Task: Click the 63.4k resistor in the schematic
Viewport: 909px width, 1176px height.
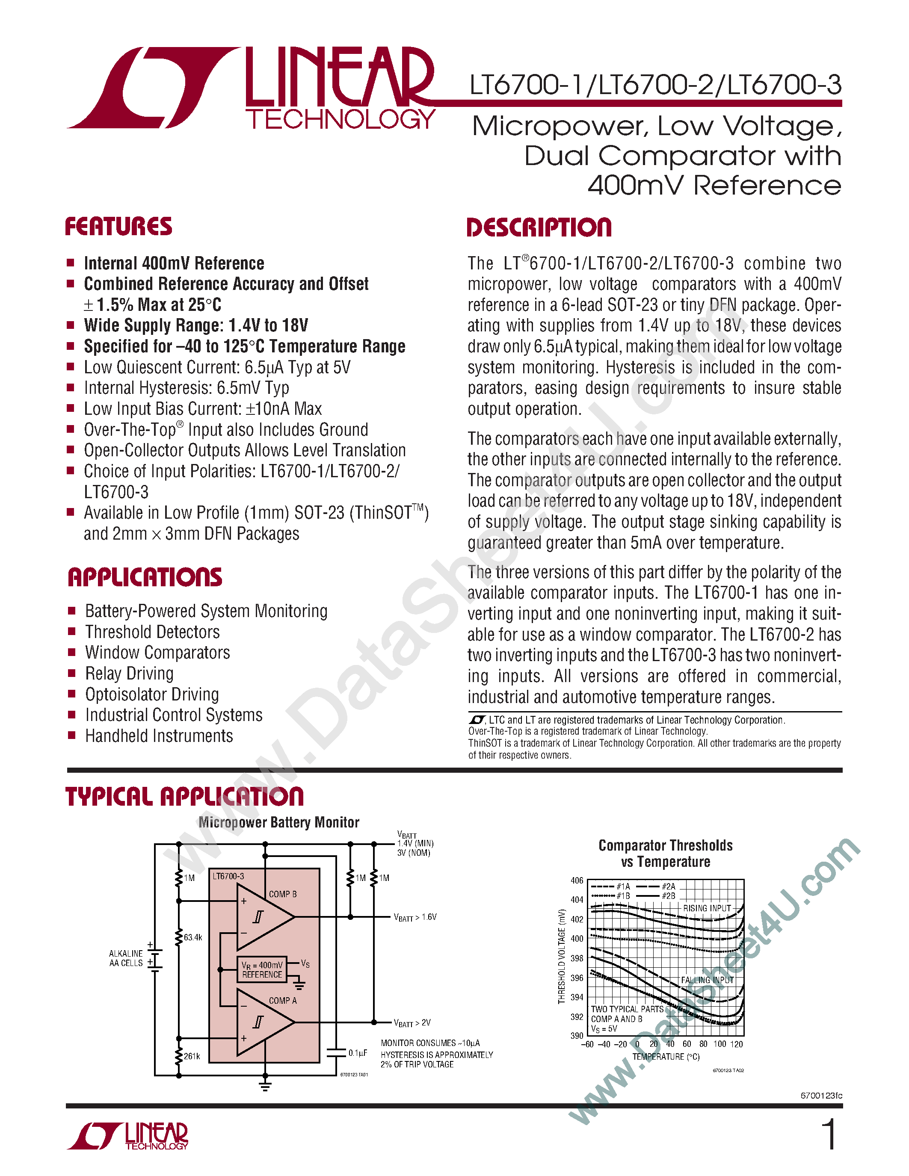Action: [179, 937]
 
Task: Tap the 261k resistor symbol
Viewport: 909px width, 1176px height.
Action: [179, 1056]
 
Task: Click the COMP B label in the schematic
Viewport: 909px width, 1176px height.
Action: [283, 894]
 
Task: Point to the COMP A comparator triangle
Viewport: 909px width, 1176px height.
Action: [264, 1022]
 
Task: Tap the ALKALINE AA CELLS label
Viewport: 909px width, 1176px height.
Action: [126, 958]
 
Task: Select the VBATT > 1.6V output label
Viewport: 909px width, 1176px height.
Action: [415, 917]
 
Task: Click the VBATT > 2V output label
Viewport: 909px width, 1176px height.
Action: [412, 1022]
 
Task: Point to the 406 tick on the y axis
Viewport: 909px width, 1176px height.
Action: [577, 881]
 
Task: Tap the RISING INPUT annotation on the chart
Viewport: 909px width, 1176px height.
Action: [707, 908]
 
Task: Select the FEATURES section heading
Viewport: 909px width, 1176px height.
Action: [118, 227]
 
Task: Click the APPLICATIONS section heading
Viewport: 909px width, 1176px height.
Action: [145, 577]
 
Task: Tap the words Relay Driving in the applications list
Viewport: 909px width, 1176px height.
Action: [129, 674]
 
